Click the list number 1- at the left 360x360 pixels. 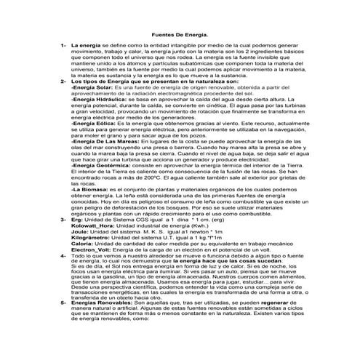click(63, 45)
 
